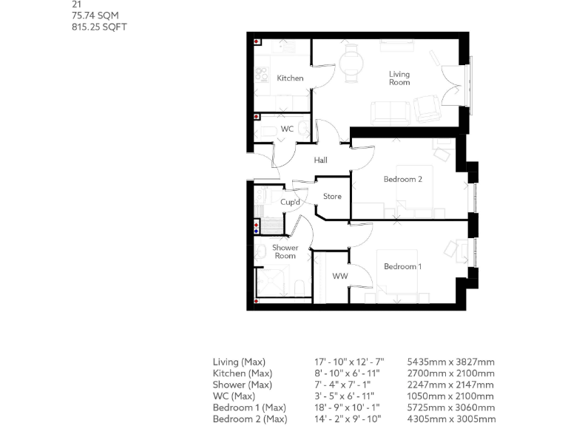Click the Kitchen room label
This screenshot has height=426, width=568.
(x=290, y=78)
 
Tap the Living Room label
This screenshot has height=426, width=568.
(x=399, y=78)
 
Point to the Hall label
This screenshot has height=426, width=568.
(x=320, y=160)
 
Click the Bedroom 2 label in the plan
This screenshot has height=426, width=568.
(x=402, y=180)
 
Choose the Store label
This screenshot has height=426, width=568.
(x=332, y=197)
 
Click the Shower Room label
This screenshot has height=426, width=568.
(x=285, y=251)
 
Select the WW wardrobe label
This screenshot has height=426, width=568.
(x=339, y=277)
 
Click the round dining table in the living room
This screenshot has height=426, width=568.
(x=351, y=61)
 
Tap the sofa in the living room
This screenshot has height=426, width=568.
(x=390, y=112)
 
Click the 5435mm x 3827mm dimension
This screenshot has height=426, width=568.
(x=450, y=362)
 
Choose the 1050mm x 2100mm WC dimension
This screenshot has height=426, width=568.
(x=450, y=396)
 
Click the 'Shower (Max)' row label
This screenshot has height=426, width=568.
(x=243, y=385)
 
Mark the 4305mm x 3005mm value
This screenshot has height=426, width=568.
(x=450, y=419)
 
